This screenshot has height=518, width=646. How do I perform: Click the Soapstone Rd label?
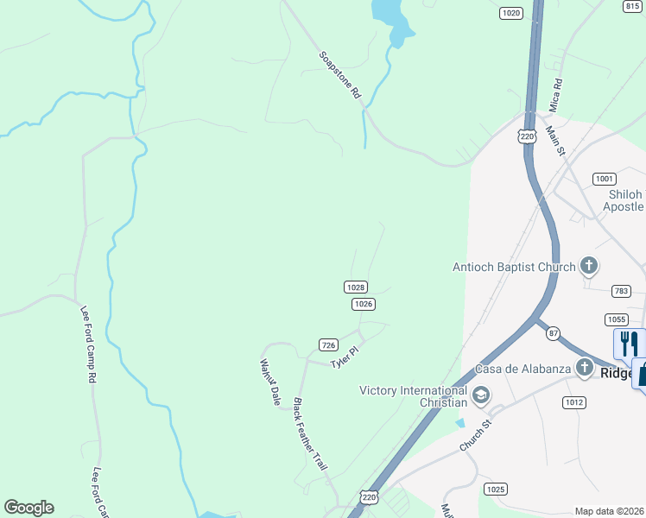[x=339, y=75]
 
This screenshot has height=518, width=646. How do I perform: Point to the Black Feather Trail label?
[x=311, y=433]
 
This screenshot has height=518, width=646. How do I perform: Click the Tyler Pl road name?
[x=344, y=357]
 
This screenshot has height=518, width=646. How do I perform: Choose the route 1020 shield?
[x=511, y=13]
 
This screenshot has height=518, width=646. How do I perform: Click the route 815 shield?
[x=631, y=5]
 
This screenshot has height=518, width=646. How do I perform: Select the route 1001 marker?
[x=605, y=179]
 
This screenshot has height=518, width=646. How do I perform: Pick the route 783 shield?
[x=620, y=292]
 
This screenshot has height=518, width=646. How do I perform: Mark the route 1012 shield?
[x=574, y=401]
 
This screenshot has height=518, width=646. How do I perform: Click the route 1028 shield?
[x=356, y=287]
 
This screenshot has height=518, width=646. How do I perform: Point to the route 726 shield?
[x=327, y=344]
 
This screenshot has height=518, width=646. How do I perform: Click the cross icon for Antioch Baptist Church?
[x=589, y=266]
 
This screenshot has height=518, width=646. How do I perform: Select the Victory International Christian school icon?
[x=481, y=396]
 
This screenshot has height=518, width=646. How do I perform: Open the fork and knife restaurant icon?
[x=628, y=343]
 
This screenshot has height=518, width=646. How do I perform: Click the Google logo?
[x=28, y=508]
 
